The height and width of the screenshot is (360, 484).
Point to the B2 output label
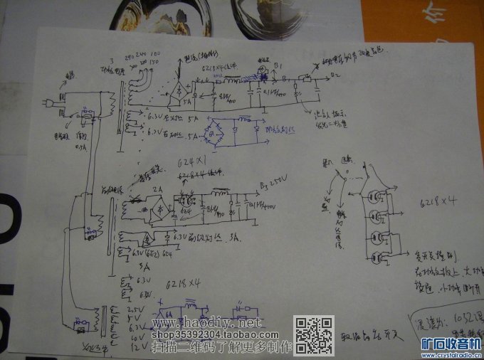tap(335, 74)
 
